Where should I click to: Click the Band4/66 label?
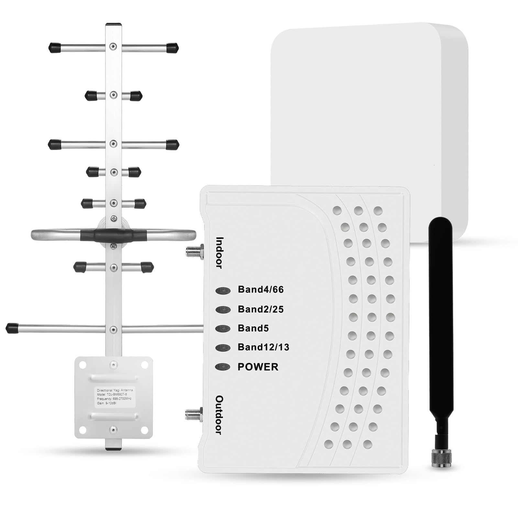260,289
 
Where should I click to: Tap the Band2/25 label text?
260,309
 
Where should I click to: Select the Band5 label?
253,328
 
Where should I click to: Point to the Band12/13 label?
263,347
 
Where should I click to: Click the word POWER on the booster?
258,367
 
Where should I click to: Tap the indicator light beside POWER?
223,367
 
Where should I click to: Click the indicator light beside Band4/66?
223,291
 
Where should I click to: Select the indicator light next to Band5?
223,329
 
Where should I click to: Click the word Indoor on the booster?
219,253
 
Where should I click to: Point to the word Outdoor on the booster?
219,415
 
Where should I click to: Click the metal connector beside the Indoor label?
194,251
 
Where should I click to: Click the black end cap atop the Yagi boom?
114,24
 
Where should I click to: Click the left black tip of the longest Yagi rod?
12,328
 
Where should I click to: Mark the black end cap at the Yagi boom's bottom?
113,449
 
